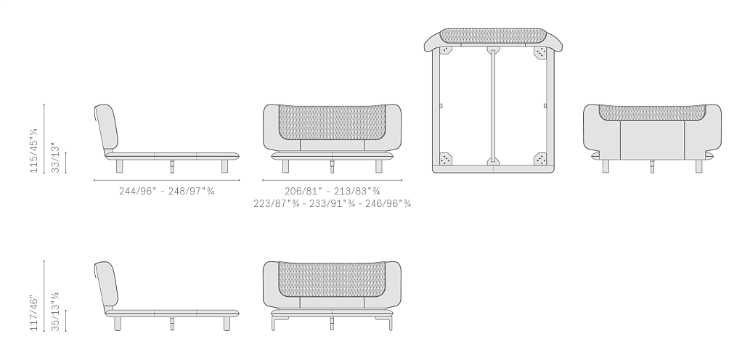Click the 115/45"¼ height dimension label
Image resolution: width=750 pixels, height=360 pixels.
[34, 150]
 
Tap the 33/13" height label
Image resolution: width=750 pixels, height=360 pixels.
[56, 157]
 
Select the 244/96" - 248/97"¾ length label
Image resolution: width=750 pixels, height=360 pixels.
[166, 191]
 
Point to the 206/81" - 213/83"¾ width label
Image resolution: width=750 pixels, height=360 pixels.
[333, 191]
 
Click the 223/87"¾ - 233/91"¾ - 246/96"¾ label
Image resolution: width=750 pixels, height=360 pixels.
[333, 204]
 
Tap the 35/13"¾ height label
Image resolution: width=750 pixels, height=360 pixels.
[56, 311]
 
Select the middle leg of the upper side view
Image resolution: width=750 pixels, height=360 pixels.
[172, 166]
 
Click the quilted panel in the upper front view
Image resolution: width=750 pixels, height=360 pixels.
[332, 123]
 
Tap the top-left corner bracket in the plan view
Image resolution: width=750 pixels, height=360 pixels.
[446, 50]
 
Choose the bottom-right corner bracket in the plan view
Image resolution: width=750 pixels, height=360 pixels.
[540, 159]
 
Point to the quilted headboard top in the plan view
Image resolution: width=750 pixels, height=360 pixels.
[493, 36]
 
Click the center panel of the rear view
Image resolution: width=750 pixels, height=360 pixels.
[653, 140]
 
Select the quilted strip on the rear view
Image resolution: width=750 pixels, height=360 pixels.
[653, 112]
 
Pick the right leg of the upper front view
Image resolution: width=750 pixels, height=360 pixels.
[379, 166]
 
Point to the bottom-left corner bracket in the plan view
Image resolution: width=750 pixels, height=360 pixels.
[446, 159]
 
